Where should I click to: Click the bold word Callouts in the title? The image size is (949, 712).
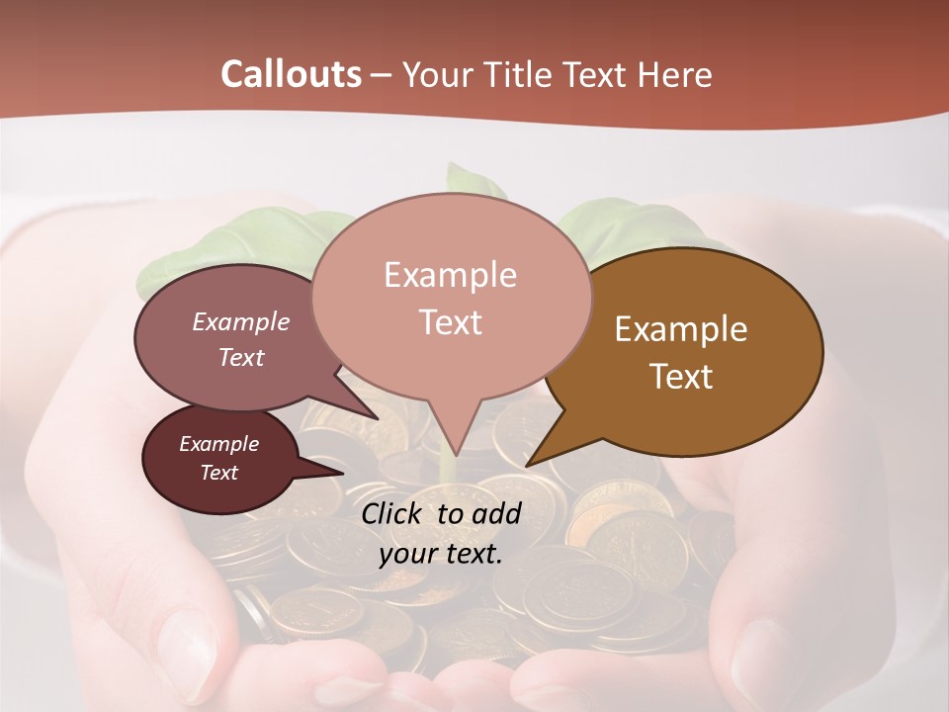291,74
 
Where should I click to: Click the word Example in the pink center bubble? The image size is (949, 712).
450,275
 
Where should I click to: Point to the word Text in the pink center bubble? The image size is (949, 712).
450,322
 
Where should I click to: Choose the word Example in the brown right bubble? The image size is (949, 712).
681,329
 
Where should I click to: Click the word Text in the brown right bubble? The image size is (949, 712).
681,377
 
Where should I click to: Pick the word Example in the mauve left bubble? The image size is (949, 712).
240,322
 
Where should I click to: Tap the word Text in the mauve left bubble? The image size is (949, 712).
240,358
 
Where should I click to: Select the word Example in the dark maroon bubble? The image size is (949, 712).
218,444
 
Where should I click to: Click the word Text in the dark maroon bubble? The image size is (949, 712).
218,473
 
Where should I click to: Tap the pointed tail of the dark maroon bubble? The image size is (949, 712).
331,471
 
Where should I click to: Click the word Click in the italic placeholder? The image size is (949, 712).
392,513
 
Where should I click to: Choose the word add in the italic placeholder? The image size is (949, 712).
496,513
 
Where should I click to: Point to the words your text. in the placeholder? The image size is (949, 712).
440,554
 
